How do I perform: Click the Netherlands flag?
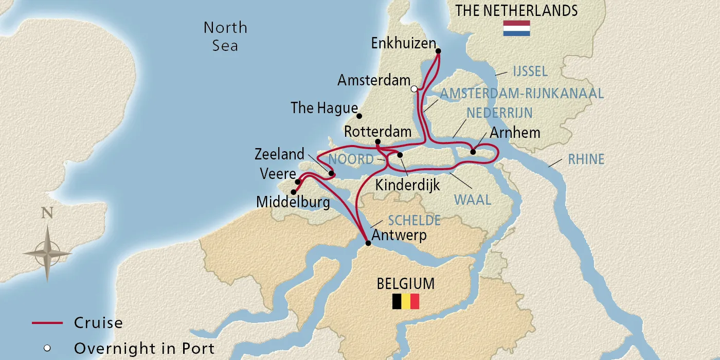(516, 28)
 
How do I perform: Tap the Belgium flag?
(406, 301)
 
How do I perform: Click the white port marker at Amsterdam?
(414, 88)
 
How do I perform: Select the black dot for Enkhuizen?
(438, 51)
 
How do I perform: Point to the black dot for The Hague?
(359, 116)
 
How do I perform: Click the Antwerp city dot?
(368, 243)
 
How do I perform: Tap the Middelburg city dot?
(293, 192)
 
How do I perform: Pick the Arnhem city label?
(515, 133)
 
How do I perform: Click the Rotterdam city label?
(377, 132)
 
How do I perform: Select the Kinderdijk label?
(407, 185)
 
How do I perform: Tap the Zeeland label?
(279, 154)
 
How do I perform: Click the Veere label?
(278, 174)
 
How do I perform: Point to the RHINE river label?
(586, 159)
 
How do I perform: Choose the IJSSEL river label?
(530, 71)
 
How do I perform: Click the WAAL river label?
(472, 199)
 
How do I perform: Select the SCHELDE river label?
(414, 221)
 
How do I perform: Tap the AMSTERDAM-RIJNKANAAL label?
(521, 94)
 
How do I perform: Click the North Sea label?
(225, 36)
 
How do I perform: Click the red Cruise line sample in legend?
(47, 323)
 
